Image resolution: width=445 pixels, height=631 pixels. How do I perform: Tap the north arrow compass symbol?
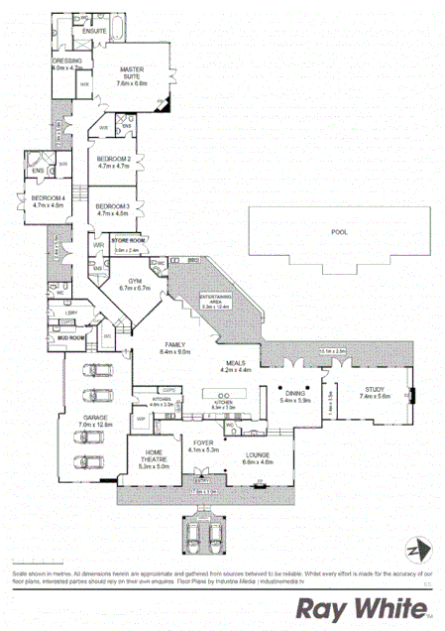click(418, 551)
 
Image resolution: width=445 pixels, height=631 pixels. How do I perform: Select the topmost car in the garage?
click(95, 373)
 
